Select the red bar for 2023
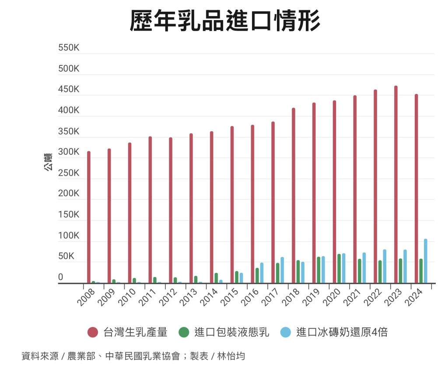(x=396, y=184)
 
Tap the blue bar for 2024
(x=425, y=261)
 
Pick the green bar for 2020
(x=339, y=268)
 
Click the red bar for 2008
(x=89, y=217)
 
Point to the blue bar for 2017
(x=282, y=270)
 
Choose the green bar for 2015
(x=237, y=277)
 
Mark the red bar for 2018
(x=294, y=195)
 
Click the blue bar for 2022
(x=385, y=266)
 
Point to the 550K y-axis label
(x=69, y=48)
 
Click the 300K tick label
(x=69, y=153)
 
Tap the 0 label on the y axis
(x=61, y=277)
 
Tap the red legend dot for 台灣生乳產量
(x=92, y=333)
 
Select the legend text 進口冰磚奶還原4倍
(x=342, y=333)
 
